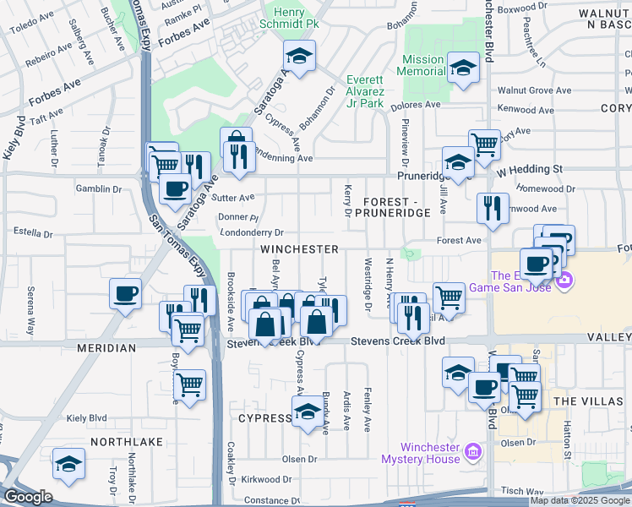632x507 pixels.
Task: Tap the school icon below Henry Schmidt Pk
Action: [x=297, y=57]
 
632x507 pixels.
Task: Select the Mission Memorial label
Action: [x=423, y=66]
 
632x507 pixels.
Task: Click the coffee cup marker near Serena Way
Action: [x=126, y=294]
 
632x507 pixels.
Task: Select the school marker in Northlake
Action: [x=68, y=463]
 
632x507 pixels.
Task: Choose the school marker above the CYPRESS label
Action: [x=306, y=413]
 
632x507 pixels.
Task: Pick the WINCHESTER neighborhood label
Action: [x=299, y=249]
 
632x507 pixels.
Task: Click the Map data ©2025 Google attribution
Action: [x=580, y=500]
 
